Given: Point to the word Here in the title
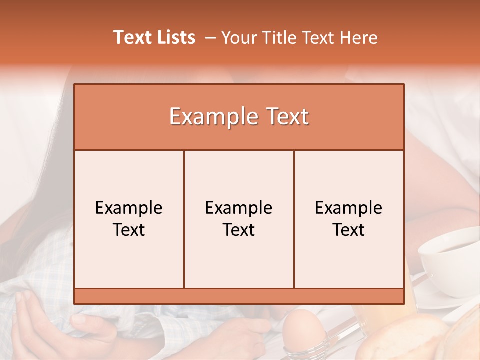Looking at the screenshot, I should click(358, 38).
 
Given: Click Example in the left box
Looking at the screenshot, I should click(129, 208).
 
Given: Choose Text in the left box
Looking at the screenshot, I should click(129, 230).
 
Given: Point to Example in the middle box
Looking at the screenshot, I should click(239, 208).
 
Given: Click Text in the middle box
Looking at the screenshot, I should click(239, 230).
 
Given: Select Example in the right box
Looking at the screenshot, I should click(349, 208).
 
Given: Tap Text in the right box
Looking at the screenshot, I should click(349, 230).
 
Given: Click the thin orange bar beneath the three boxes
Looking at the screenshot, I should click(239, 296).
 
